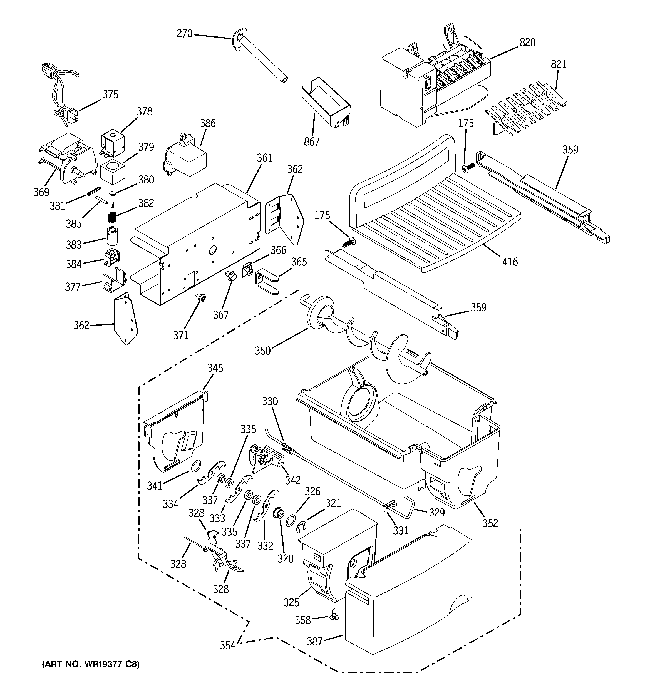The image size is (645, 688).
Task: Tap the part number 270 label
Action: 184,34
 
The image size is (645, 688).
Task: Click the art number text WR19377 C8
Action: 91,664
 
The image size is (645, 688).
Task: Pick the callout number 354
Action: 227,645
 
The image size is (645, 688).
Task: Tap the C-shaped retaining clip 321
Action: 302,527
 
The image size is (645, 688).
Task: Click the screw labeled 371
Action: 200,297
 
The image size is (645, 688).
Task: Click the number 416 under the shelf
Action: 510,262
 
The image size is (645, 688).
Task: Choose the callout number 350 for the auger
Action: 262,351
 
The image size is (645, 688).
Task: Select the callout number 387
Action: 315,642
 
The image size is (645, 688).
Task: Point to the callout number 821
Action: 559,64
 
